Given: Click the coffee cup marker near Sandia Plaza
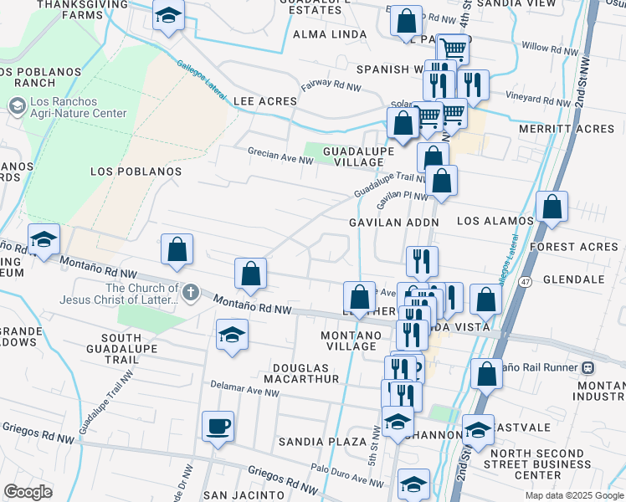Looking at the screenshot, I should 218,426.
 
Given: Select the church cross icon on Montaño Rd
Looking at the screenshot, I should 191,293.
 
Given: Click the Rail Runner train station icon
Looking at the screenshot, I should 588,366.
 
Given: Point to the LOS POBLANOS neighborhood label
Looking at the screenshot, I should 136,171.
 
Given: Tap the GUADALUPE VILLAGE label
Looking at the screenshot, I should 347,156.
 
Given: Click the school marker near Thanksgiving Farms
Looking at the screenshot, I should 168,15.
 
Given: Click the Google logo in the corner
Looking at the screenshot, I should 28,491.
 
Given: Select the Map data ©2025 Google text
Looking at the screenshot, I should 574,495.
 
